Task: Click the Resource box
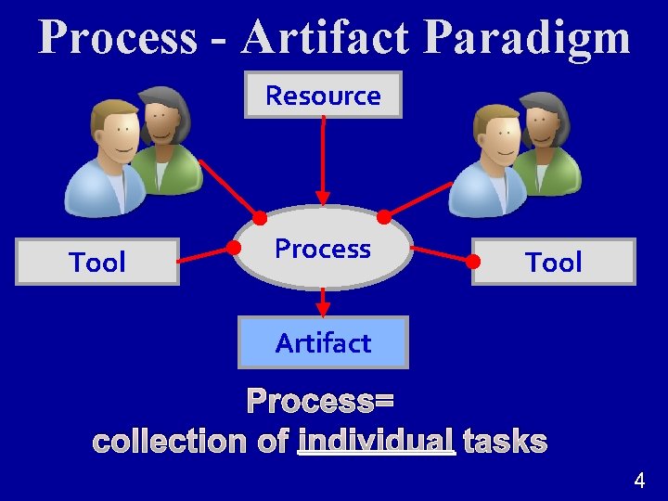coord(323,96)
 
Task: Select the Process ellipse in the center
coord(322,249)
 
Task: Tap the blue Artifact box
coord(323,343)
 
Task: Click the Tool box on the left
coord(97,263)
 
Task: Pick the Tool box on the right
coord(554,263)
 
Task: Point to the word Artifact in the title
coord(325,38)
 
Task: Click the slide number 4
coord(639,481)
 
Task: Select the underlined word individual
coord(377,442)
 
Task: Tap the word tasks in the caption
coord(505,442)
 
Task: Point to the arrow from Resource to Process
coord(323,158)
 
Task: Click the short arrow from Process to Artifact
coord(323,302)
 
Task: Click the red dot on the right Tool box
coord(473,262)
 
